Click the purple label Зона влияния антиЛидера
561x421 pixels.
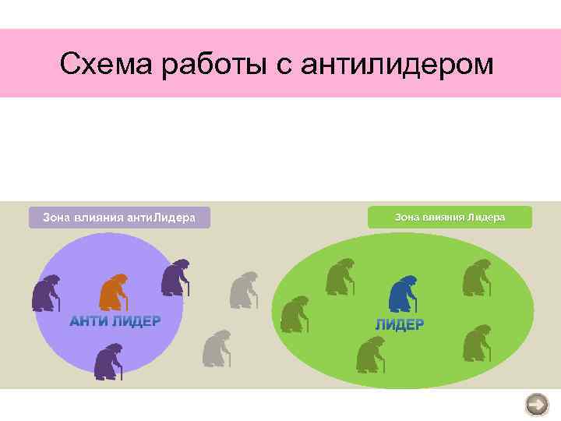(119, 217)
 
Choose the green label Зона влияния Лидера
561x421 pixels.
(450, 217)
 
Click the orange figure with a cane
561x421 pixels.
(114, 292)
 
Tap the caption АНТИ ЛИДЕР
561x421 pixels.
(115, 321)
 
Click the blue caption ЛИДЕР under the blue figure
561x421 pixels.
(399, 324)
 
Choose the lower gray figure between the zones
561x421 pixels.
(217, 348)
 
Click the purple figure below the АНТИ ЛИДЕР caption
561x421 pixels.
(108, 361)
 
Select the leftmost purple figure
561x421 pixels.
(46, 293)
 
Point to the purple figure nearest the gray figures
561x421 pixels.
(175, 278)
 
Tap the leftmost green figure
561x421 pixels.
(294, 313)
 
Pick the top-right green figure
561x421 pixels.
(476, 278)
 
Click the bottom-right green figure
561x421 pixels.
(476, 343)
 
